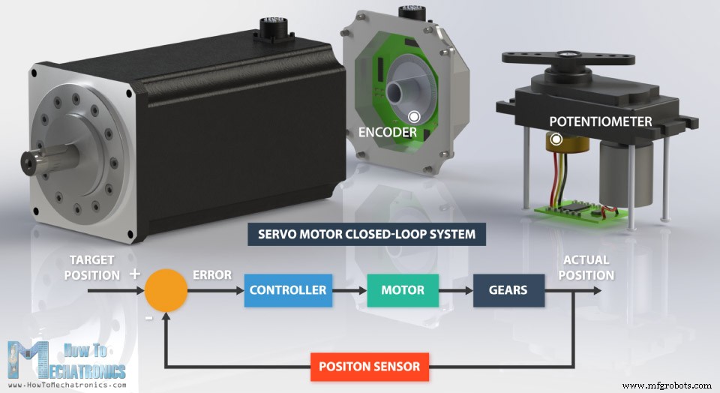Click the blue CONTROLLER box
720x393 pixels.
click(x=287, y=290)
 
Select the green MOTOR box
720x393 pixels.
click(x=402, y=290)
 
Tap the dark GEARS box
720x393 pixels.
click(x=508, y=290)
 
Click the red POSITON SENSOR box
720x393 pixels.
click(x=370, y=367)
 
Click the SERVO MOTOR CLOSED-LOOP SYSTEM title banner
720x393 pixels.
click(x=367, y=234)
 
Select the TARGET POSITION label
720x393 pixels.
click(x=91, y=268)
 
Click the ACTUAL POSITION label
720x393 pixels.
click(x=586, y=268)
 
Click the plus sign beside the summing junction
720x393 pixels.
click(x=134, y=274)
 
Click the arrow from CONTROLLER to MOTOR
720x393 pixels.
click(x=349, y=290)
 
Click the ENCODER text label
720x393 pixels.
click(x=387, y=132)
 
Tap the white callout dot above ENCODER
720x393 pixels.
click(x=414, y=116)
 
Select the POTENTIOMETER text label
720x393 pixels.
click(x=600, y=121)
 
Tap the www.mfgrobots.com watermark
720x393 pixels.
click(x=667, y=385)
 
